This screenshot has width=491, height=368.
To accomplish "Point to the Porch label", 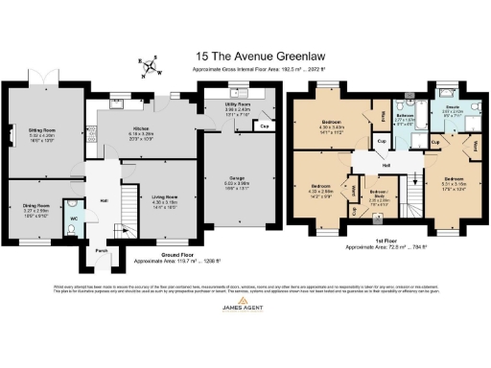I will pos(101,252).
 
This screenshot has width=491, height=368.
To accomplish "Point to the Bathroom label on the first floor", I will pos(406,116).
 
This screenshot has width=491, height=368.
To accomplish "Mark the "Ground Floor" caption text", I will pos(159,256).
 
